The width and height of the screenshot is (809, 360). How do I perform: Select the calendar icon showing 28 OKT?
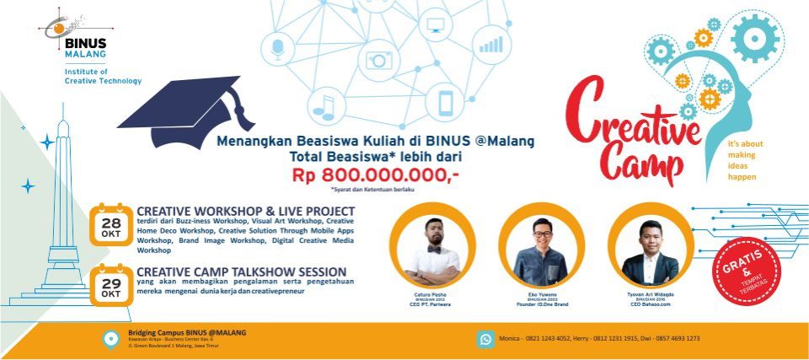(x=110, y=223)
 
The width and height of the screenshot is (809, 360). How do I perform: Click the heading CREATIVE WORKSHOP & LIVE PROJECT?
(x=245, y=211)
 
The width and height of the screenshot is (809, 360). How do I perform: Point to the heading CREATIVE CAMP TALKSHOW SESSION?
(x=241, y=271)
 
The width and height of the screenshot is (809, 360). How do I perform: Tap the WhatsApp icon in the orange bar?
(x=486, y=339)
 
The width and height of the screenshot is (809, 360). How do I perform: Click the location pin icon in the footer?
(x=110, y=339)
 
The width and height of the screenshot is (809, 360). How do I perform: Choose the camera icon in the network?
(x=378, y=59)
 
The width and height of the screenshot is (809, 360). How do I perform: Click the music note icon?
(x=324, y=105)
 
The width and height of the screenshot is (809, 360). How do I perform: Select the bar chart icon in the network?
(x=490, y=42)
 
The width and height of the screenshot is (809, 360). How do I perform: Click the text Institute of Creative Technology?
(x=103, y=77)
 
